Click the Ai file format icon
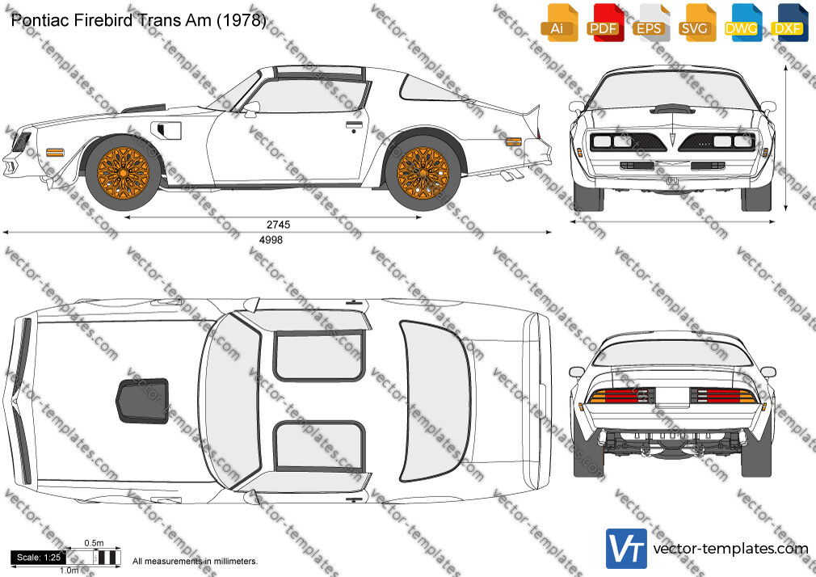tap(559, 22)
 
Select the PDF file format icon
tap(605, 22)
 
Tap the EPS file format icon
tap(651, 22)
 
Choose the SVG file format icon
tap(696, 22)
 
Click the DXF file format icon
tap(789, 22)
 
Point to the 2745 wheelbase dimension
tap(279, 225)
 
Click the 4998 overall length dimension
tap(271, 239)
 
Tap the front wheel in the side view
tap(124, 172)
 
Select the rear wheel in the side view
tap(423, 172)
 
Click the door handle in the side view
tap(355, 125)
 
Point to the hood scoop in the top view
tap(142, 401)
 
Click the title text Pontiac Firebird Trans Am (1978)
tap(138, 20)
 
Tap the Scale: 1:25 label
tap(39, 558)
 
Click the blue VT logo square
tap(627, 549)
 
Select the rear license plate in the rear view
tap(672, 396)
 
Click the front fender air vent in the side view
tap(166, 130)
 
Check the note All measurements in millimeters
tap(195, 562)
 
